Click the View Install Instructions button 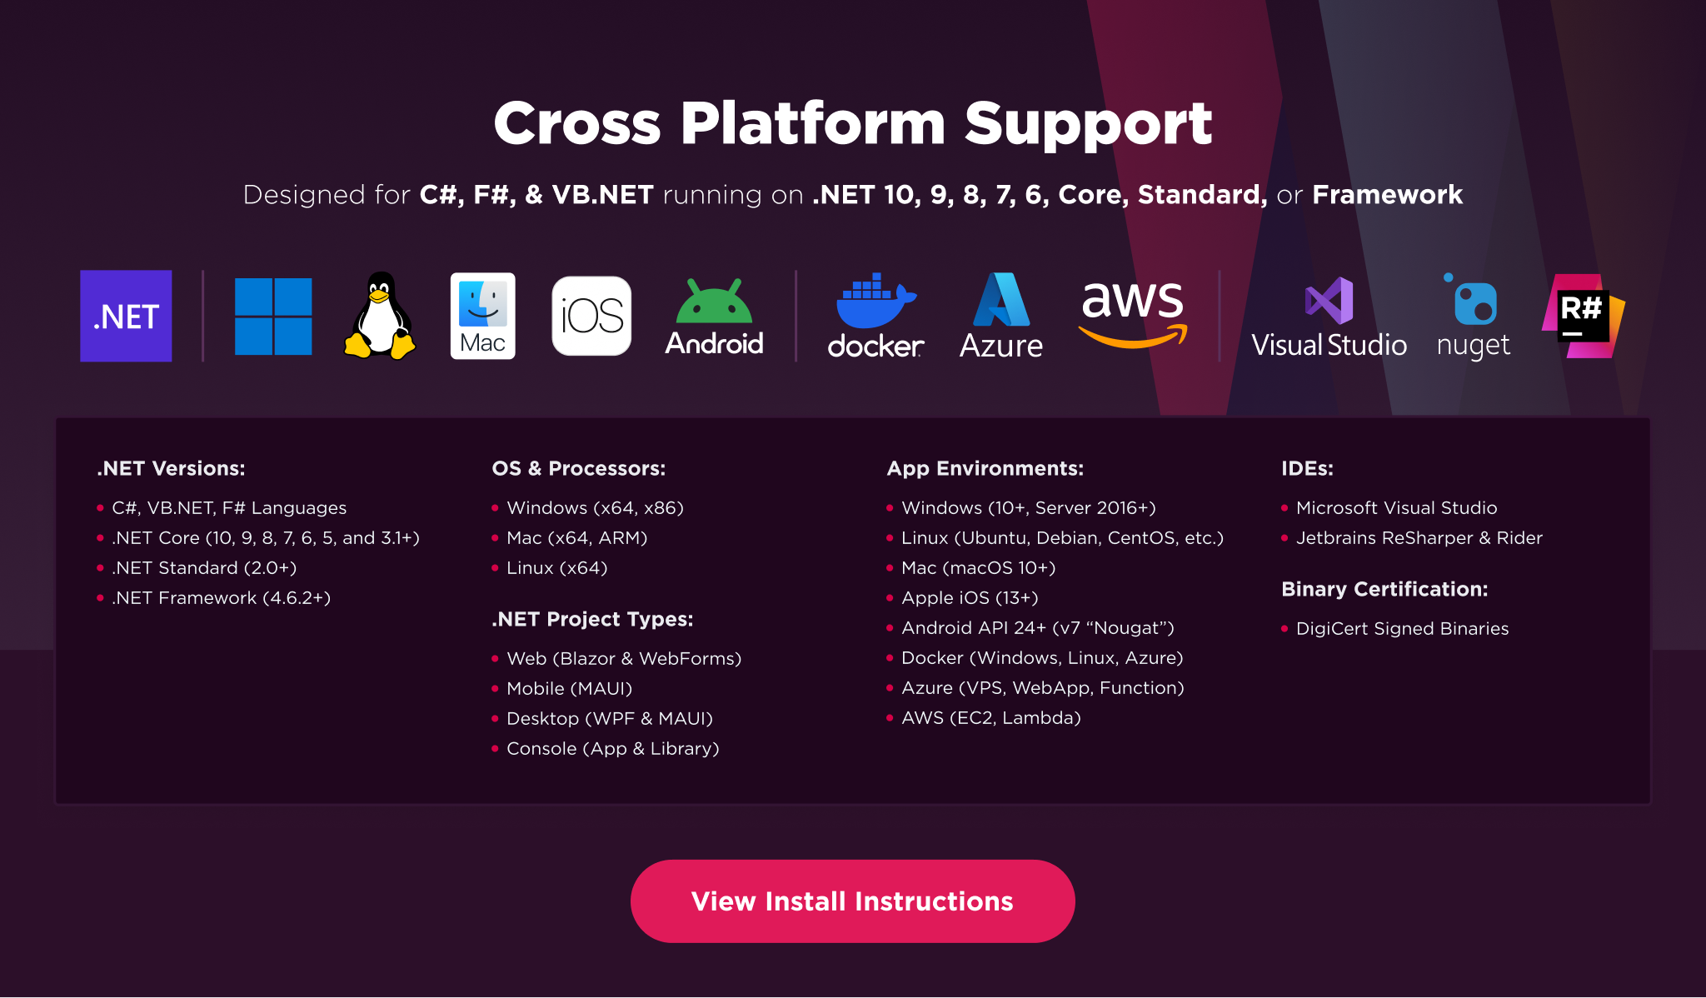click(852, 901)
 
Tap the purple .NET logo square click(126, 316)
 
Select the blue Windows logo click(273, 317)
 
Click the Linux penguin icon click(380, 316)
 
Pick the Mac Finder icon click(482, 316)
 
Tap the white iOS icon click(591, 316)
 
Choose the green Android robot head click(714, 302)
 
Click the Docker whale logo click(875, 302)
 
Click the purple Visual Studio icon click(1329, 301)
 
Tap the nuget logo click(1474, 302)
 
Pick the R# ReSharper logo click(1583, 316)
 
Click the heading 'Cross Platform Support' click(852, 123)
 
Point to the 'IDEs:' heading click(1307, 468)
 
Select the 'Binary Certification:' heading click(1384, 589)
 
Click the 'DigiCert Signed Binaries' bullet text click(1402, 629)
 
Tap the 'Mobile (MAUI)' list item click(569, 689)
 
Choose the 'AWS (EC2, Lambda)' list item click(990, 718)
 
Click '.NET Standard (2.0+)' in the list click(204, 568)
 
